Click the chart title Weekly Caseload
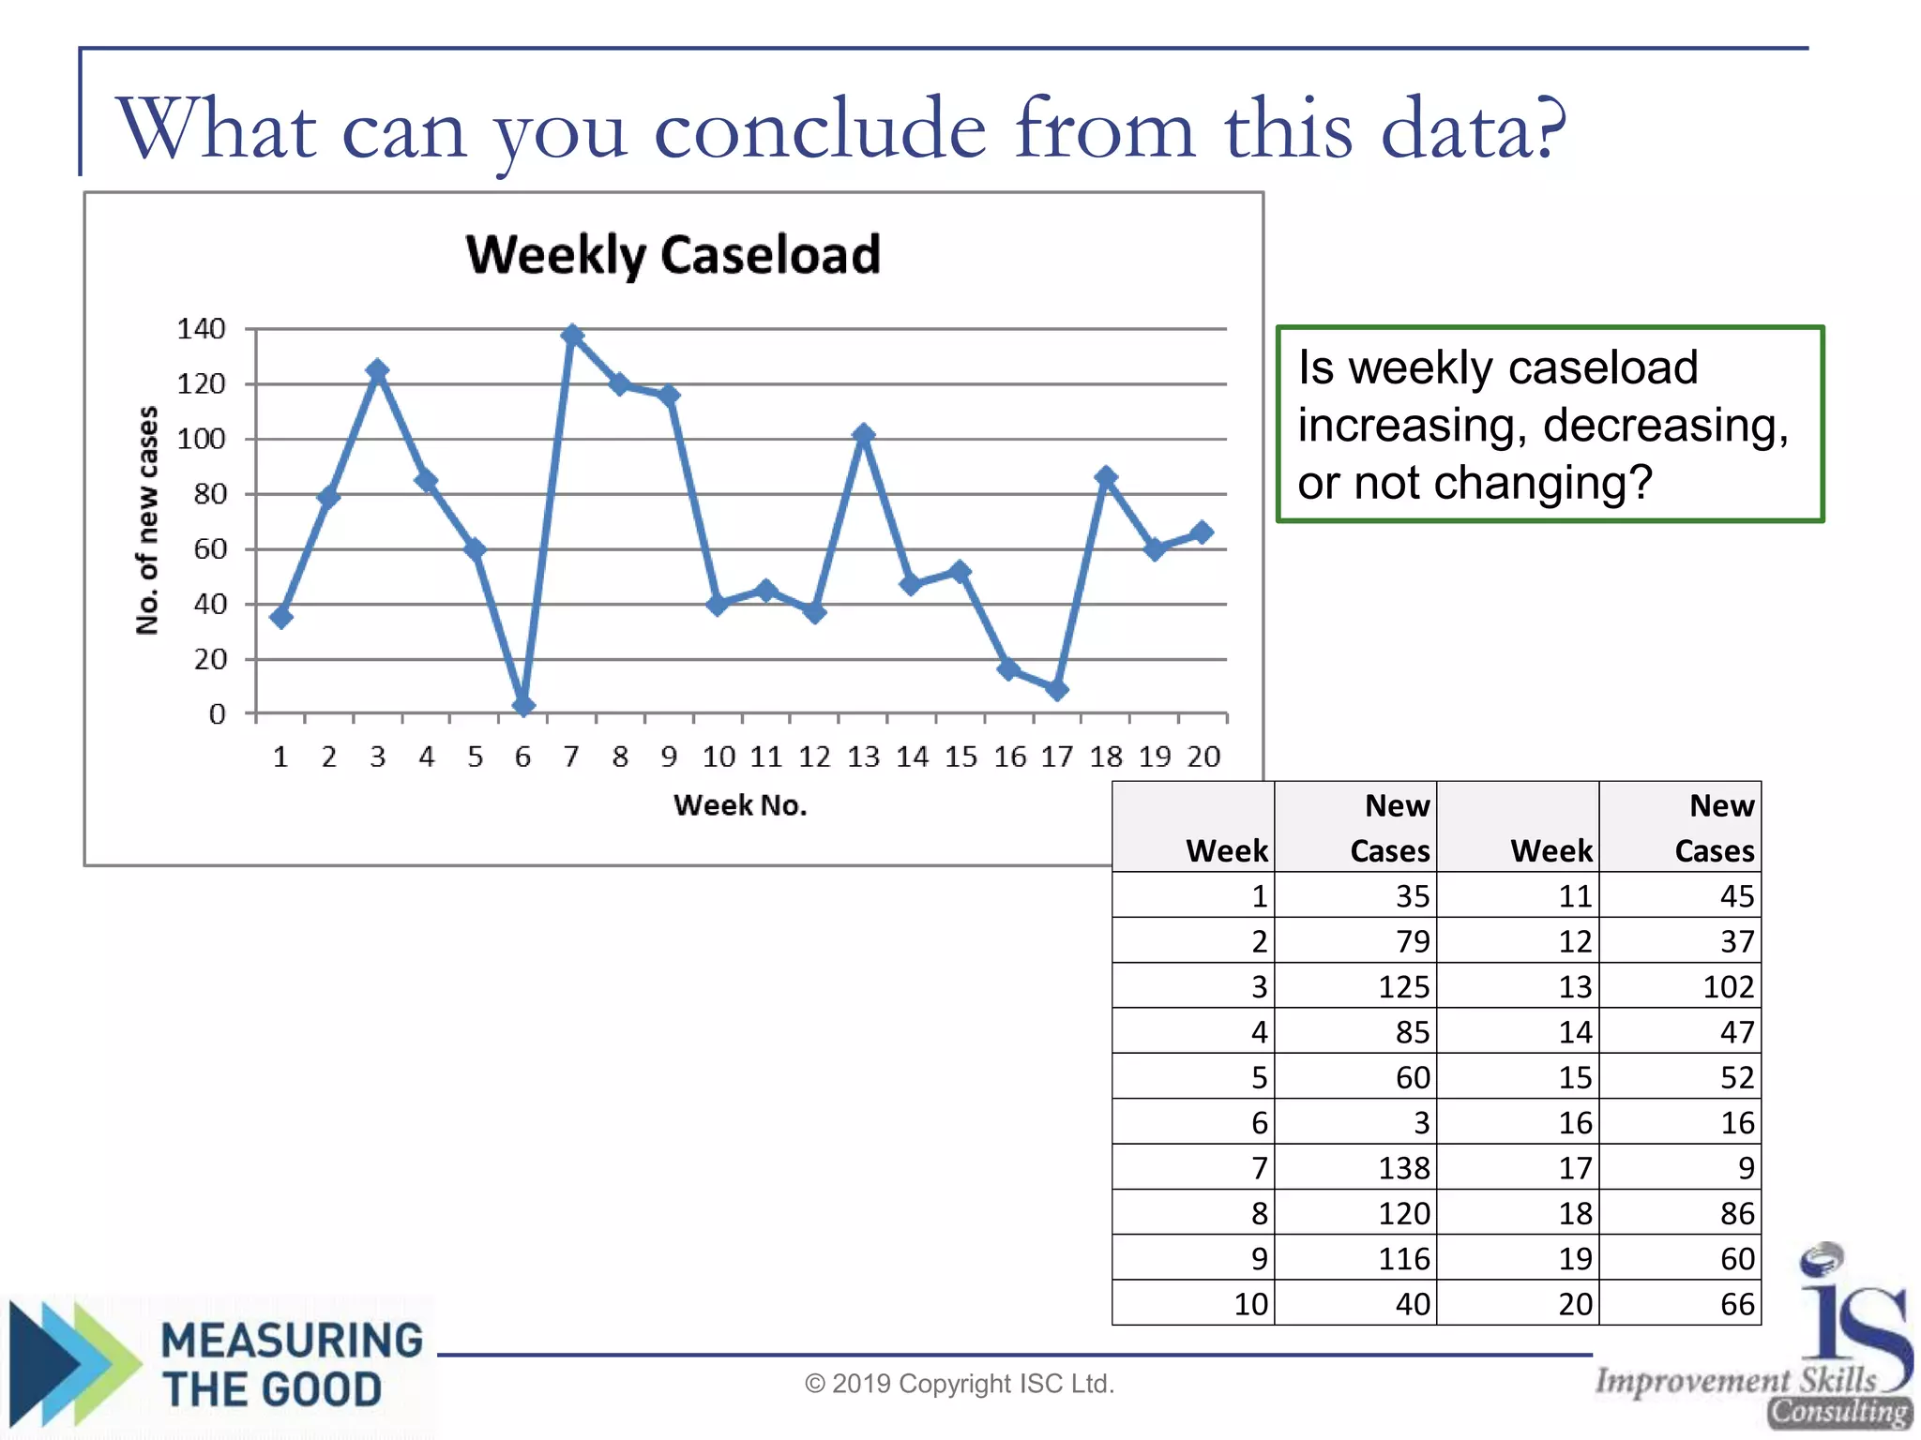[x=673, y=254]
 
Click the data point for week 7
[x=572, y=336]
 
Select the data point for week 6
[x=523, y=705]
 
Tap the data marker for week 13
[x=864, y=434]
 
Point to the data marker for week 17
[x=1057, y=690]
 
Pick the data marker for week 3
[x=377, y=370]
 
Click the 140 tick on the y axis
[x=201, y=329]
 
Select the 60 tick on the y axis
[x=210, y=549]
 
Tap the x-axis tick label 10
[x=718, y=757]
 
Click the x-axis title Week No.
[x=740, y=805]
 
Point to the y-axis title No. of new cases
[x=147, y=520]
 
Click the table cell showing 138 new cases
[x=1403, y=1168]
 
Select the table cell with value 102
[x=1728, y=987]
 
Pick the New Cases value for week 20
[x=1736, y=1304]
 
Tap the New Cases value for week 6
[x=1421, y=1123]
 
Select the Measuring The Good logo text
[x=291, y=1365]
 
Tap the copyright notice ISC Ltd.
[x=960, y=1384]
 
